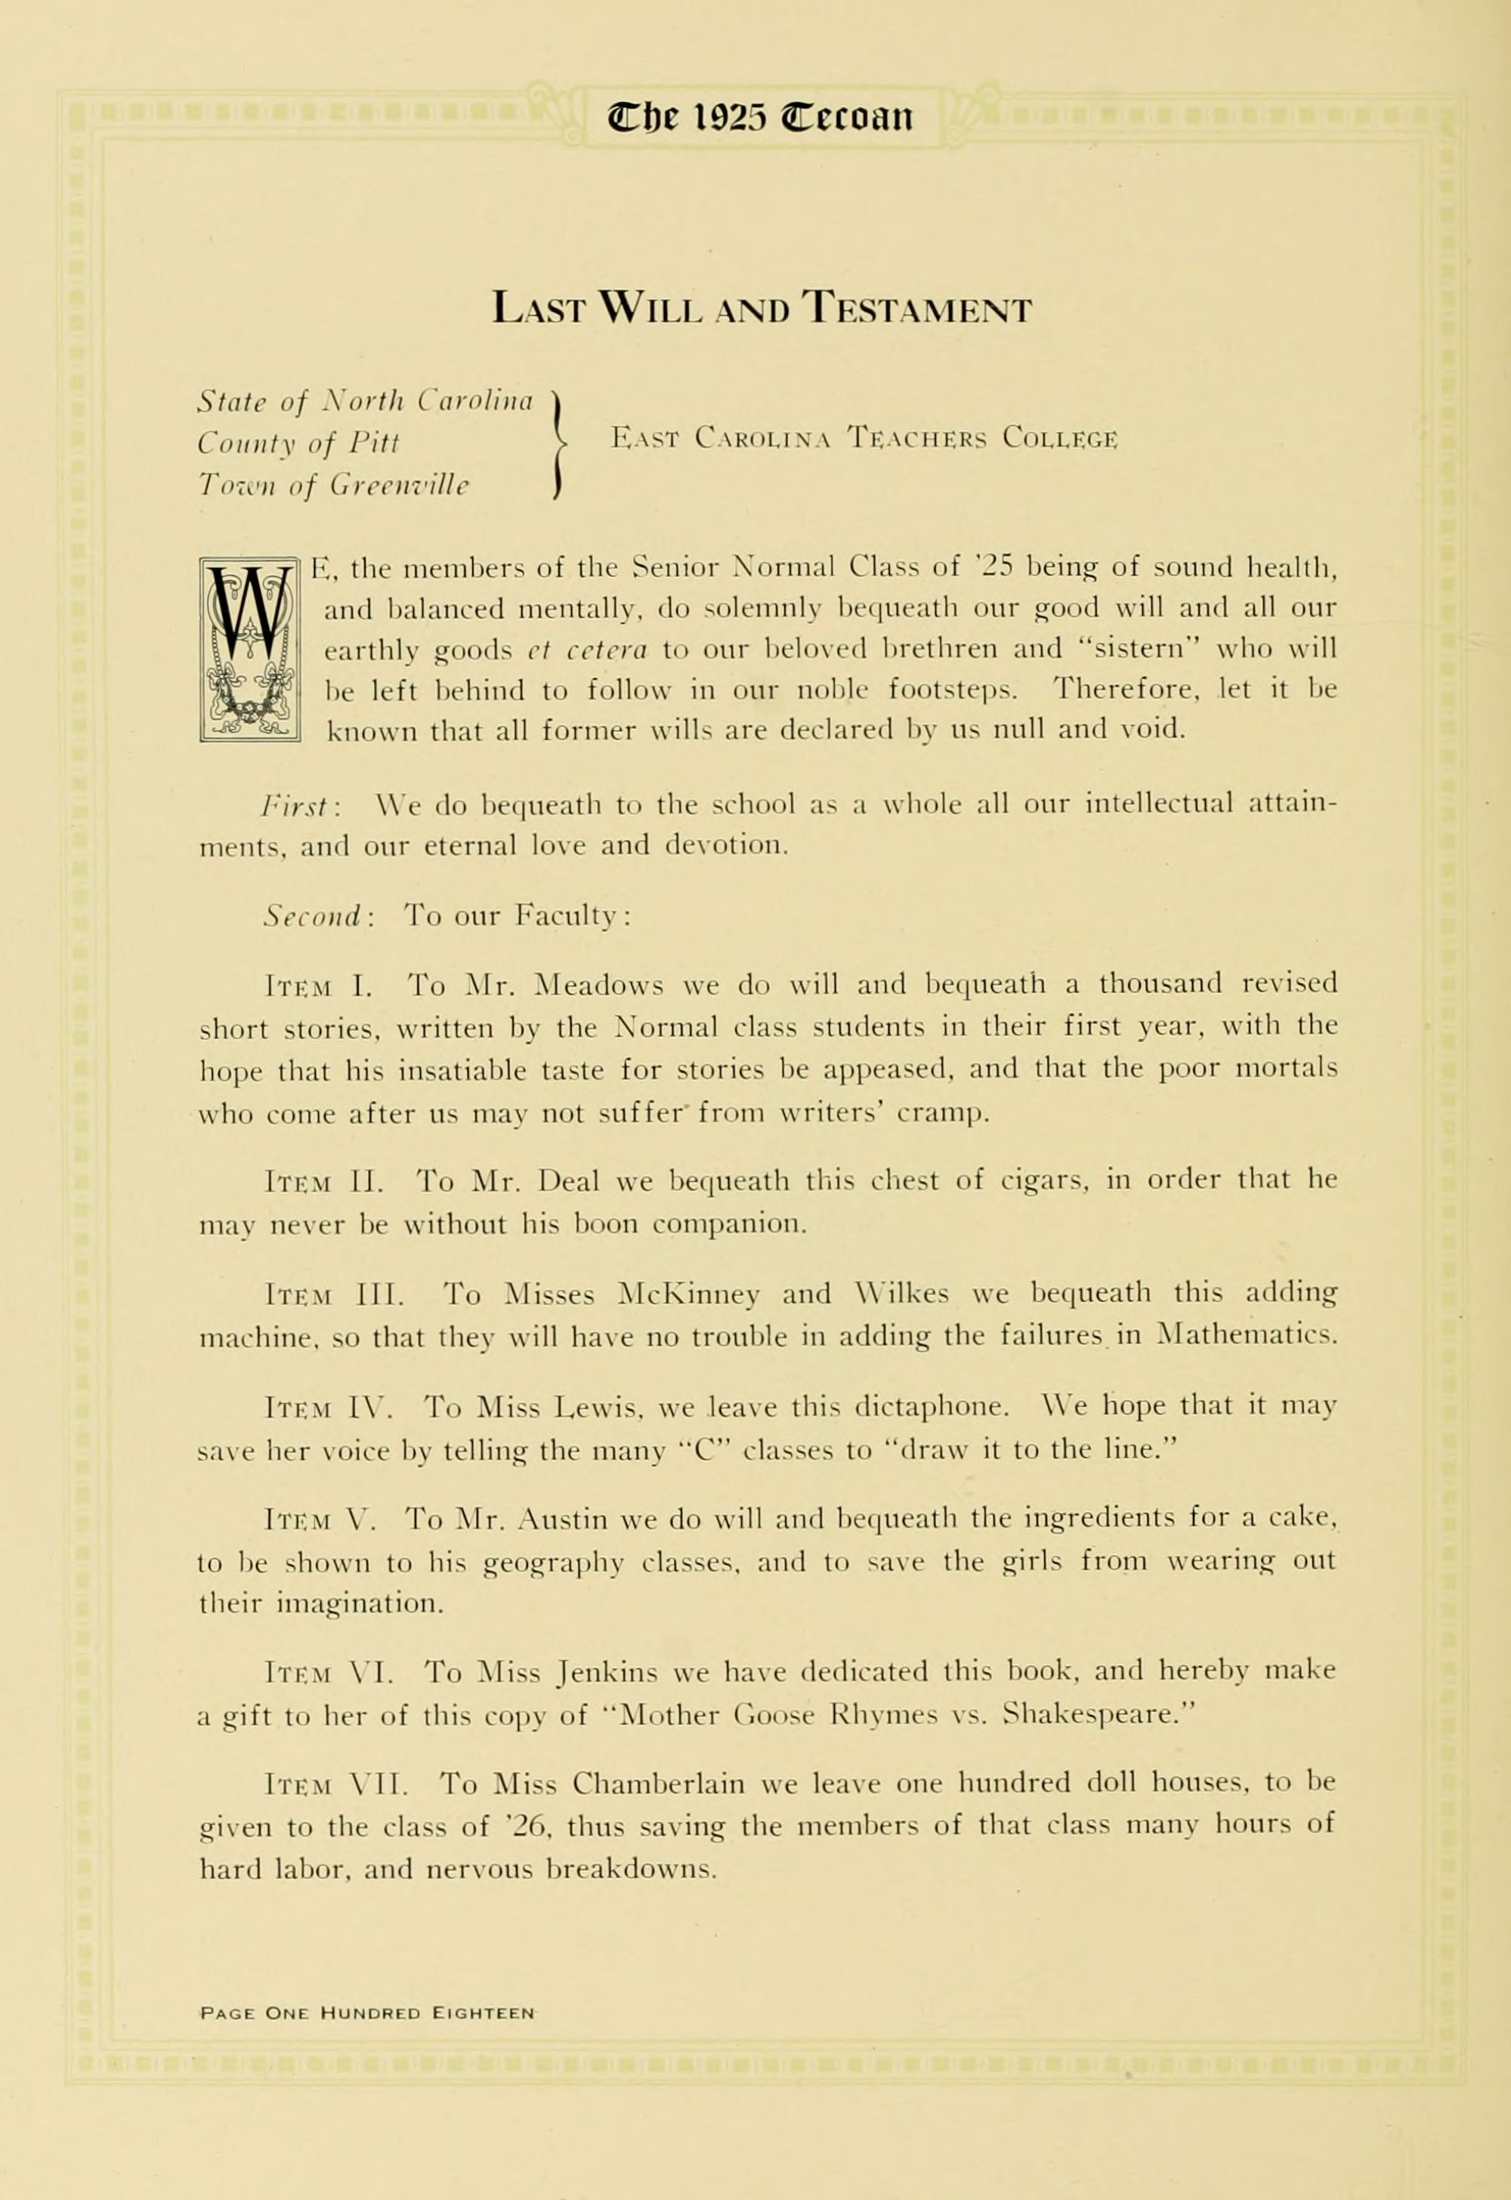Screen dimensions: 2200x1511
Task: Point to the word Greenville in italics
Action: click(400, 486)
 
